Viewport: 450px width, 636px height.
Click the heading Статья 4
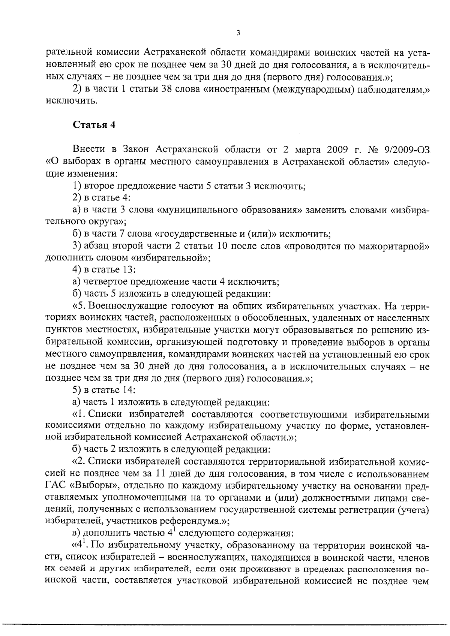94,125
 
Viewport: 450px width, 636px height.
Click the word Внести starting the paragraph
91,150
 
